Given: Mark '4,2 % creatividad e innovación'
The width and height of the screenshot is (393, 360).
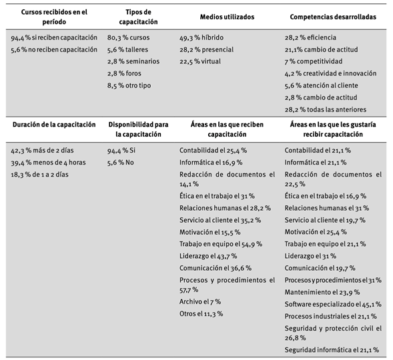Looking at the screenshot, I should click(x=330, y=74).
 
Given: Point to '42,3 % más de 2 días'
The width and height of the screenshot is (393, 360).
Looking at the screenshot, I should click(x=43, y=151).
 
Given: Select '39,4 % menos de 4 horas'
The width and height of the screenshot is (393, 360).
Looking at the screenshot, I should click(x=48, y=163).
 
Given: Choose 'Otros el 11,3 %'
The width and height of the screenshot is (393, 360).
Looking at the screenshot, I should click(x=201, y=313).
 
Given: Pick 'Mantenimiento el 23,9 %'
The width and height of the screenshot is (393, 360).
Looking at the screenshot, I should click(x=322, y=292).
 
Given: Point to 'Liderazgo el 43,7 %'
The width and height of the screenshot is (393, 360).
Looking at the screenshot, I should click(x=210, y=256).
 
